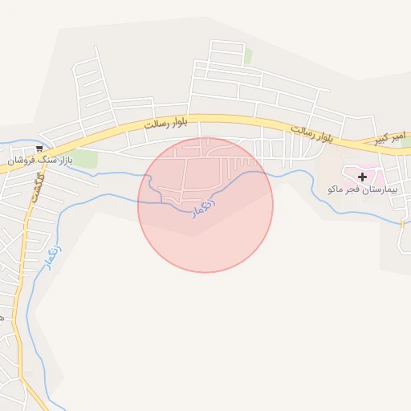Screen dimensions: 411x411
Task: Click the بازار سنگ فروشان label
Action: [40, 161]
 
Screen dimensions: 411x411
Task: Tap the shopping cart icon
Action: [39, 149]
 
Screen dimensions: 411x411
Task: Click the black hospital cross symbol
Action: [363, 177]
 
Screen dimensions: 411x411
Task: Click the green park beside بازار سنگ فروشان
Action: [83, 158]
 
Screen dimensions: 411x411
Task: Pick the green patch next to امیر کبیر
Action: [406, 143]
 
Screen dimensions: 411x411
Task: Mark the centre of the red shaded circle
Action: [205, 205]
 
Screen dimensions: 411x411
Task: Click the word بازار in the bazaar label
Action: [63, 161]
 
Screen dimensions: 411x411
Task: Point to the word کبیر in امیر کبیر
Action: [385, 140]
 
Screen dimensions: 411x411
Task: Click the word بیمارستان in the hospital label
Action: [380, 190]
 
